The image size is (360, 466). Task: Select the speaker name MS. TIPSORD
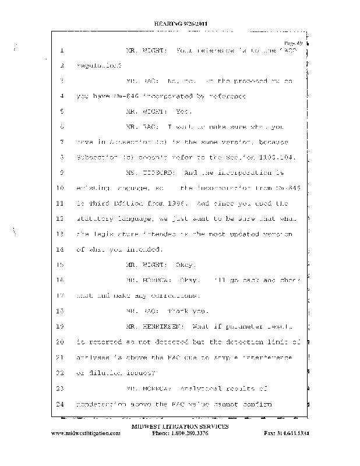[146, 172]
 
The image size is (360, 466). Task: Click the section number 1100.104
[277, 157]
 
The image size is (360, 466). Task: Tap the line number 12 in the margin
[60, 218]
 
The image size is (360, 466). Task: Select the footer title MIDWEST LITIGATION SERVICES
[181, 427]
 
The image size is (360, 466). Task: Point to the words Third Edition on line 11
[115, 203]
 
